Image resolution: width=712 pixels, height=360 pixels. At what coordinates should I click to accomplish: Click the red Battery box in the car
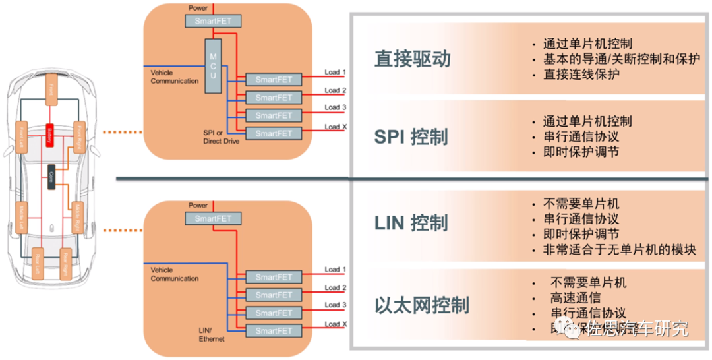tap(49, 135)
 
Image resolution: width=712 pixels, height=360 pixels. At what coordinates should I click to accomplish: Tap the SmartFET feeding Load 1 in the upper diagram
tap(273, 80)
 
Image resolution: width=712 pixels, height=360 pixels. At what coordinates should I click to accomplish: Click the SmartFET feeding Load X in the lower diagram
tap(273, 331)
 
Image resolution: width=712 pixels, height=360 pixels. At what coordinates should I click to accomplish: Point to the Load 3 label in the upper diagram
tap(336, 107)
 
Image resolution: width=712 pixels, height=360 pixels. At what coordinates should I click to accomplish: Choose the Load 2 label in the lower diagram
tap(336, 288)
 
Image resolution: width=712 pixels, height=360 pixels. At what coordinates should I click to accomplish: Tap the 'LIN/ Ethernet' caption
tap(212, 334)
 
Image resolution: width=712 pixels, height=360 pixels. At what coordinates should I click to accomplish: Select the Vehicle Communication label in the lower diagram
tap(175, 274)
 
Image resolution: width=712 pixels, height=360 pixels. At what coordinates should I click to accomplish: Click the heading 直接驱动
tap(413, 59)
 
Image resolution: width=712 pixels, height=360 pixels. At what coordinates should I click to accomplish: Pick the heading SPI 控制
tap(411, 137)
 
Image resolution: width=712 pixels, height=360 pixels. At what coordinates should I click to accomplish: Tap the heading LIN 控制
tap(411, 223)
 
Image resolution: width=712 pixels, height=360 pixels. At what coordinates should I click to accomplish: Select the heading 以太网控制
tap(422, 305)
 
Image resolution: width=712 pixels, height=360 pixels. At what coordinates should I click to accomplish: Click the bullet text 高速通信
tap(575, 298)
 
